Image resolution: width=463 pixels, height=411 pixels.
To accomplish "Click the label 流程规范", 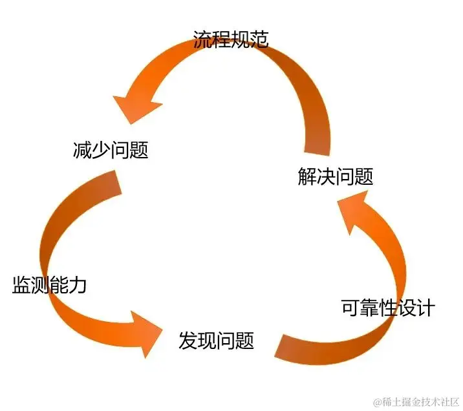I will pyautogui.click(x=231, y=39).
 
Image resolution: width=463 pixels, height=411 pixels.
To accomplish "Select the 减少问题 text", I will pyautogui.click(x=111, y=151).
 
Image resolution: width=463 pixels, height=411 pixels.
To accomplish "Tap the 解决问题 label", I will pyautogui.click(x=336, y=176).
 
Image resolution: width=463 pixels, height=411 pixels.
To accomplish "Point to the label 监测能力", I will pyautogui.click(x=49, y=285).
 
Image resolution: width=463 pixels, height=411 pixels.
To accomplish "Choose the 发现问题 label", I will pyautogui.click(x=216, y=341).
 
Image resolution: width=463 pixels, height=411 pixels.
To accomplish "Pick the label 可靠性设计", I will pyautogui.click(x=388, y=308).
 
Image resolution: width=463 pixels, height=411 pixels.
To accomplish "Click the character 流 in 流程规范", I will pyautogui.click(x=202, y=39).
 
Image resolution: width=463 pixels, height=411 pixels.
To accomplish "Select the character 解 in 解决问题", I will pyautogui.click(x=307, y=176).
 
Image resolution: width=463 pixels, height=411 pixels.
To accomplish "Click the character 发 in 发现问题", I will pyautogui.click(x=188, y=341).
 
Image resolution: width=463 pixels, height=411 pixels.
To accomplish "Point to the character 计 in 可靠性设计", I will pyautogui.click(x=425, y=308).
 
